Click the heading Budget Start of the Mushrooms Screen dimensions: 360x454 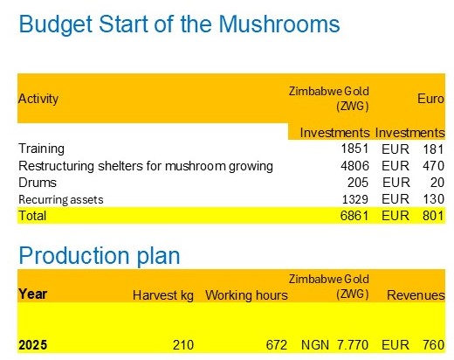(179, 24)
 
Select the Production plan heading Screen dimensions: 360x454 (99, 255)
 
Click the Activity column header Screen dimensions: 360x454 (38, 99)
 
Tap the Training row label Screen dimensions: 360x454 (41, 149)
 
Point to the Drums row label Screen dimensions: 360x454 (36, 182)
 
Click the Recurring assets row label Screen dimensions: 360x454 (61, 199)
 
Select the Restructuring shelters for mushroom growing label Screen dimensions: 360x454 (146, 165)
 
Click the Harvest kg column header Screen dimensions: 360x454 (162, 295)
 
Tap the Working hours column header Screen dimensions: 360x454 (246, 295)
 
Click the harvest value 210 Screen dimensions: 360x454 (182, 344)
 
